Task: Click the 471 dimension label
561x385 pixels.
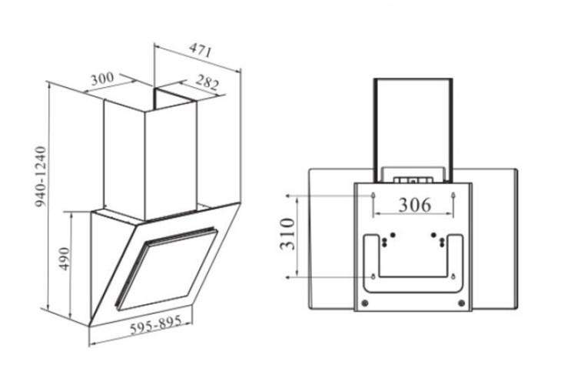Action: [201, 50]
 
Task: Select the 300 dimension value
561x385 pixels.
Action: [102, 79]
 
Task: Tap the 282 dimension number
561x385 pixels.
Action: [207, 82]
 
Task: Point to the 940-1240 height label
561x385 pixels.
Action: [41, 176]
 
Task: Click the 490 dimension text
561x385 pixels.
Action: [65, 259]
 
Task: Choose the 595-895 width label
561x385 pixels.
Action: [156, 324]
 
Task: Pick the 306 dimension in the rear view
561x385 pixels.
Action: [415, 205]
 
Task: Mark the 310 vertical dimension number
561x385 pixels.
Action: [287, 234]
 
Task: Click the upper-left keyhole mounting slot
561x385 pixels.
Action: [373, 196]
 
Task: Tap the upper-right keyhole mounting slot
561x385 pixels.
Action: [453, 196]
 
